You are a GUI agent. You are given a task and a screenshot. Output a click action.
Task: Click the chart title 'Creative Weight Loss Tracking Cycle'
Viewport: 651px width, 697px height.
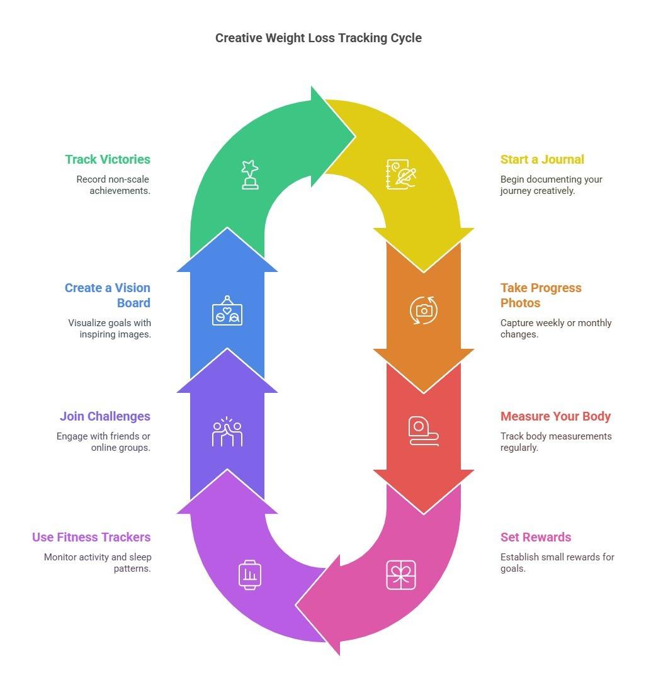pos(318,38)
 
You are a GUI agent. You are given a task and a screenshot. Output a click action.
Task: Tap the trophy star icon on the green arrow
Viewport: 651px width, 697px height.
pos(250,174)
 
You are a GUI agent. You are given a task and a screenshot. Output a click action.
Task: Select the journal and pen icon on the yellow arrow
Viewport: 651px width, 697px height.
pos(401,174)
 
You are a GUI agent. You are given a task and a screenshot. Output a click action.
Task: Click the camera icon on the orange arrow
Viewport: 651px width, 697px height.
pos(424,310)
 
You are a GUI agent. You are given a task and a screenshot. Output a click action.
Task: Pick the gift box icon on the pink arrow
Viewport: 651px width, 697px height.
pos(401,575)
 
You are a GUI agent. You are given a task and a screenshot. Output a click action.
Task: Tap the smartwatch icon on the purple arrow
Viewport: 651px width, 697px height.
pos(250,575)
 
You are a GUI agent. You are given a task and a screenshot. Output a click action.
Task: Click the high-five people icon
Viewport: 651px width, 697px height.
pos(227,431)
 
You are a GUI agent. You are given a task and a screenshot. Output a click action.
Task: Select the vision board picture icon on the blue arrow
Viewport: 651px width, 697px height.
pos(227,310)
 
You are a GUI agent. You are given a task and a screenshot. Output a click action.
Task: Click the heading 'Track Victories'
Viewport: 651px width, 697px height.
pos(108,159)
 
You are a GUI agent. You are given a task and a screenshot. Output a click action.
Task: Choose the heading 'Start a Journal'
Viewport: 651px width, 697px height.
pos(542,159)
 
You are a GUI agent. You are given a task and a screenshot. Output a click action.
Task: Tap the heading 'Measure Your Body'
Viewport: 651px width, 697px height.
pos(555,416)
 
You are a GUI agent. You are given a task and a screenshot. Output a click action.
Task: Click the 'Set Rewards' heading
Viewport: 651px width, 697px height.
pos(535,537)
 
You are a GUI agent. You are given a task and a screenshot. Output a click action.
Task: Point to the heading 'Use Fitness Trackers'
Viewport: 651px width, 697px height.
pos(91,537)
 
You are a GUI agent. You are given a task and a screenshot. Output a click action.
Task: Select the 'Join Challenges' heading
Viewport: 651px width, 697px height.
pos(105,416)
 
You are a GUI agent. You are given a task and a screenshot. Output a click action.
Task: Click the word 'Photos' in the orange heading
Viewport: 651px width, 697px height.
pos(520,303)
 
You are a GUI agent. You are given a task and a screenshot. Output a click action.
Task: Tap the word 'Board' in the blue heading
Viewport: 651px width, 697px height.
pos(133,303)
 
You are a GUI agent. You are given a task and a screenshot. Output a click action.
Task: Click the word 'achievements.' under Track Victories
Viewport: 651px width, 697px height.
pos(120,191)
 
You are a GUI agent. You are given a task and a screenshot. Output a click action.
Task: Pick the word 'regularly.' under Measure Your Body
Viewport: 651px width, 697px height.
pos(519,448)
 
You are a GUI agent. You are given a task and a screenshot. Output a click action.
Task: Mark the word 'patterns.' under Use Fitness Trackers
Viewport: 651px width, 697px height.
pos(132,569)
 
